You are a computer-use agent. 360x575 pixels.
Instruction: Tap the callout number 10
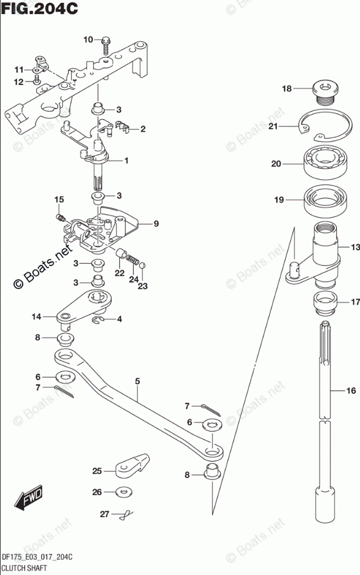88,40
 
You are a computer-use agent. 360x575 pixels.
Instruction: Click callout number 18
286,89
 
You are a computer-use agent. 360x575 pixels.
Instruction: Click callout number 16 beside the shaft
350,392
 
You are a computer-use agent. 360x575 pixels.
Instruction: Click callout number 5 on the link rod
137,382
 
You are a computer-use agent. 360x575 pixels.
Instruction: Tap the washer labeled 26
123,492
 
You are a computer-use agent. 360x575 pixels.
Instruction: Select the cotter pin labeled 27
124,514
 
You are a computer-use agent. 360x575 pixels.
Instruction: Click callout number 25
97,470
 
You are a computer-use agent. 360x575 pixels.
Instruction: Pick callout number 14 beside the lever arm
37,317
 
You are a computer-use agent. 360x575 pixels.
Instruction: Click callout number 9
156,223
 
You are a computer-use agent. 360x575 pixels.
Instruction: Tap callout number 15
58,200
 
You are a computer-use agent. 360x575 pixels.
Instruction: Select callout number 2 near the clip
142,129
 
